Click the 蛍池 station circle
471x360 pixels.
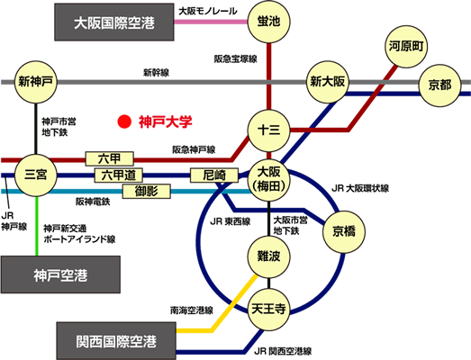pyautogui.click(x=269, y=22)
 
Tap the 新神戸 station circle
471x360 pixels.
pyautogui.click(x=36, y=82)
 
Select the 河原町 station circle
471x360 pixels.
pyautogui.click(x=406, y=47)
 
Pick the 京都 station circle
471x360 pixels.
pyautogui.click(x=440, y=85)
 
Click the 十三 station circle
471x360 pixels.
pyautogui.click(x=269, y=130)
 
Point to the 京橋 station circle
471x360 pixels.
pyautogui.click(x=344, y=231)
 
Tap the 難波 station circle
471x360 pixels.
pyautogui.click(x=269, y=256)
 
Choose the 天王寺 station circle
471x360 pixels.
pyautogui.click(x=269, y=310)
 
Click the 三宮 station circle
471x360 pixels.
pyautogui.click(x=36, y=175)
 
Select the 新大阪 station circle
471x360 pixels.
pyautogui.click(x=328, y=82)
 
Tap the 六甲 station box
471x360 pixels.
pyautogui.click(x=110, y=158)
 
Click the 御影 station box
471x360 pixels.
pyautogui.click(x=147, y=192)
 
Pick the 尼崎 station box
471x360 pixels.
pyautogui.click(x=214, y=175)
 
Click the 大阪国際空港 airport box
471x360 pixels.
pyautogui.click(x=114, y=22)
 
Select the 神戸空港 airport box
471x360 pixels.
pyautogui.click(x=60, y=274)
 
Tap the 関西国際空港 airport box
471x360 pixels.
pyautogui.click(x=116, y=341)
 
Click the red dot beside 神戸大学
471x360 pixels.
pyautogui.click(x=124, y=121)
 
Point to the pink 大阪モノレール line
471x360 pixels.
pyautogui.click(x=211, y=22)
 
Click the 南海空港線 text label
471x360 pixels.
pyautogui.click(x=192, y=310)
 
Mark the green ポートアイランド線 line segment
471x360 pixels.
pyautogui.click(x=37, y=226)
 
